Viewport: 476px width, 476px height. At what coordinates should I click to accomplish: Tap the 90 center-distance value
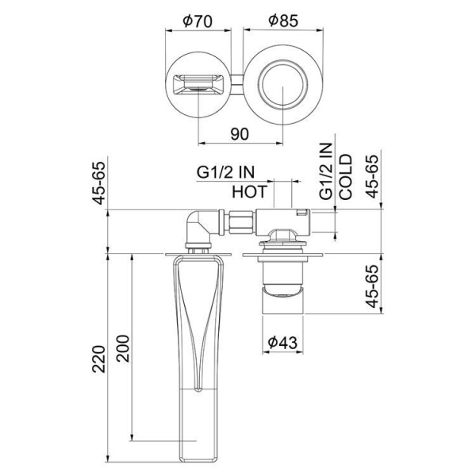tap(239, 133)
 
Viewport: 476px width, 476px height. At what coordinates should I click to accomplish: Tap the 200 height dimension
tap(123, 342)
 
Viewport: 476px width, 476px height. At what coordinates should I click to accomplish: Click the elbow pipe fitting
tap(198, 225)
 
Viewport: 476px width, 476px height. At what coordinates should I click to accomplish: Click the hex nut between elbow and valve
tap(236, 221)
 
